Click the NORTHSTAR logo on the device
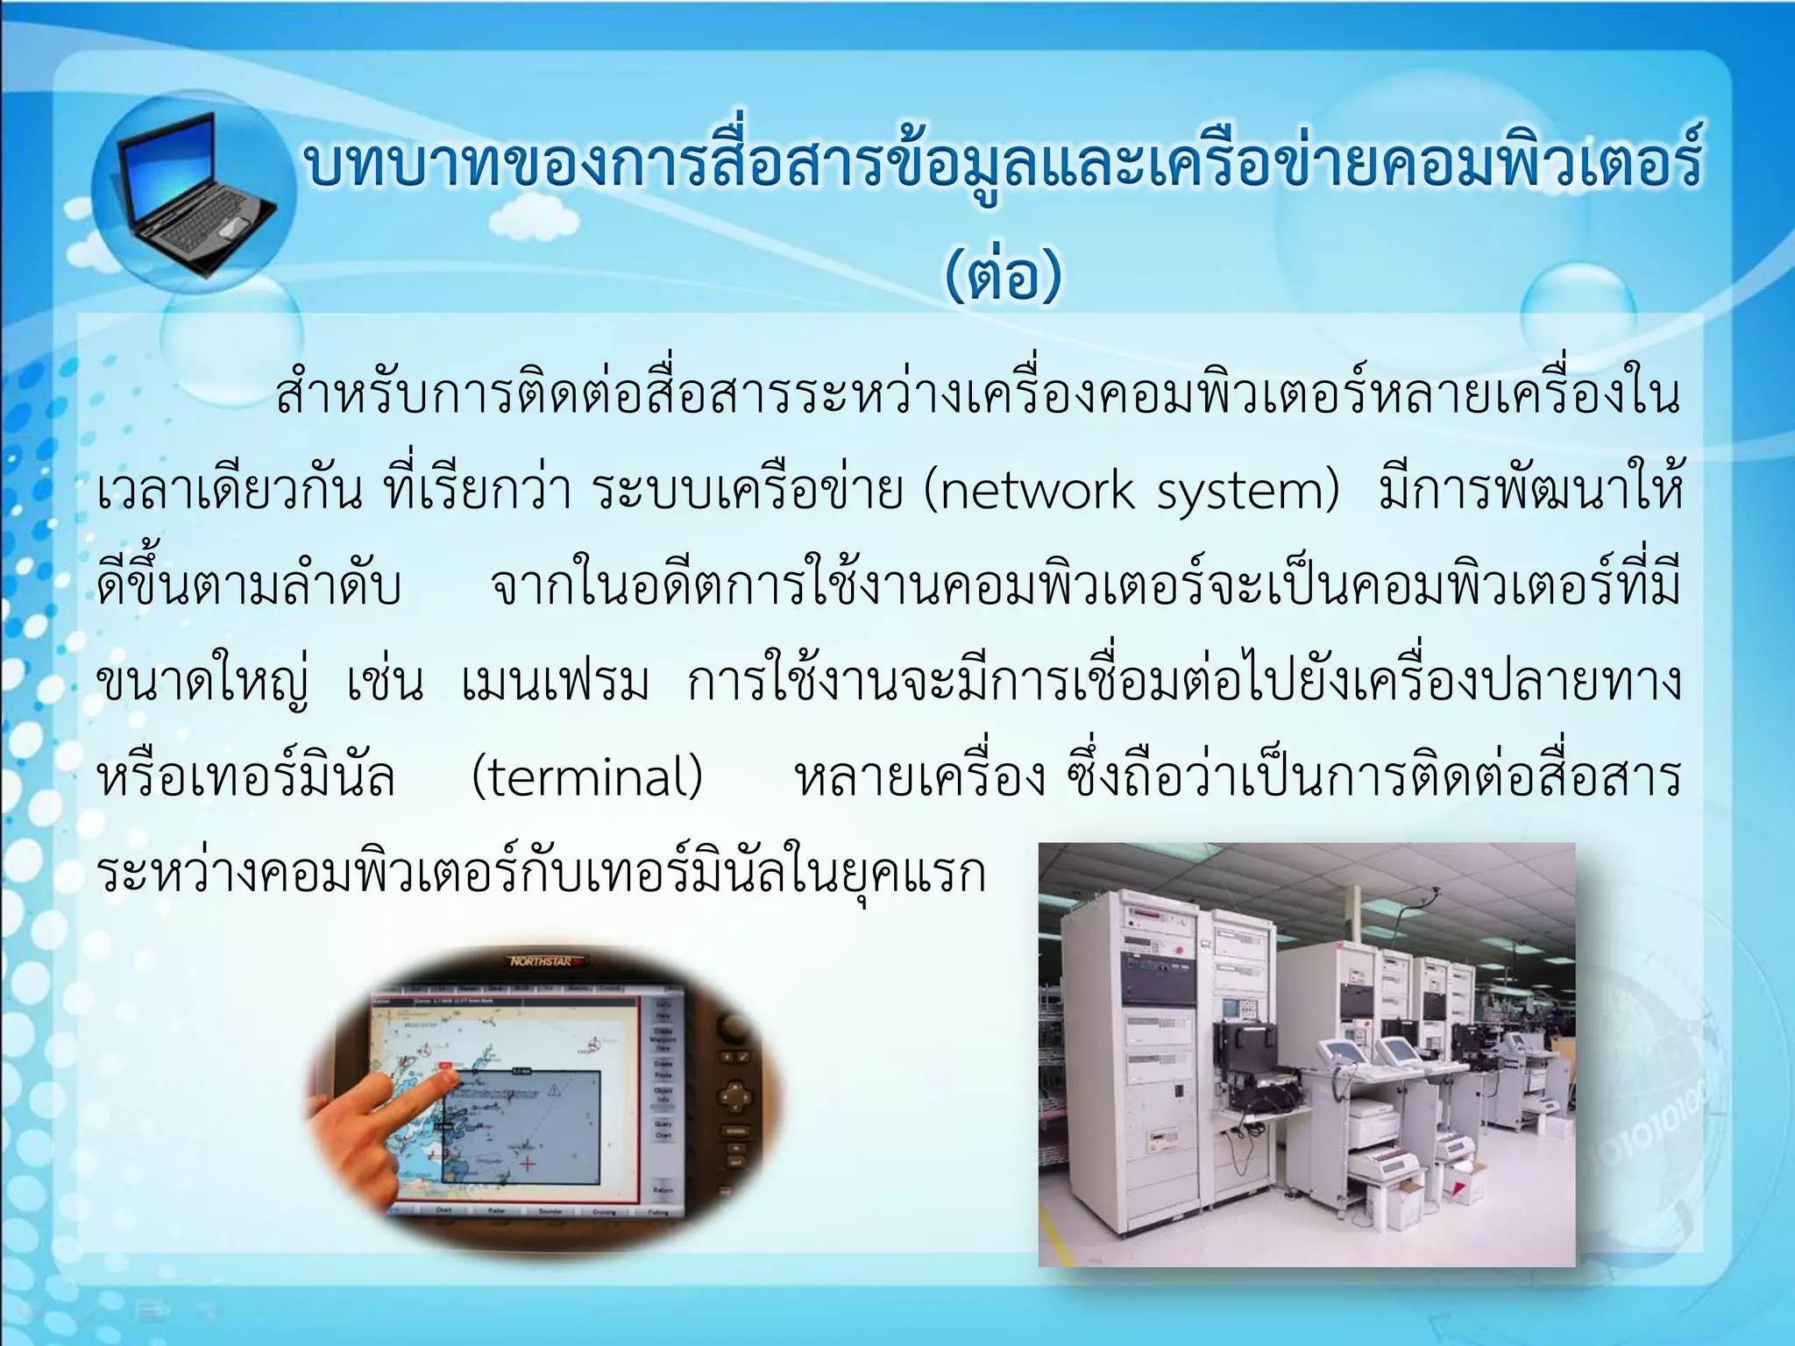541,962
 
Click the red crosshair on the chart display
528,1164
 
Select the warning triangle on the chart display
554,1091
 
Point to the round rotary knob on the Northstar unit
734,1027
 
